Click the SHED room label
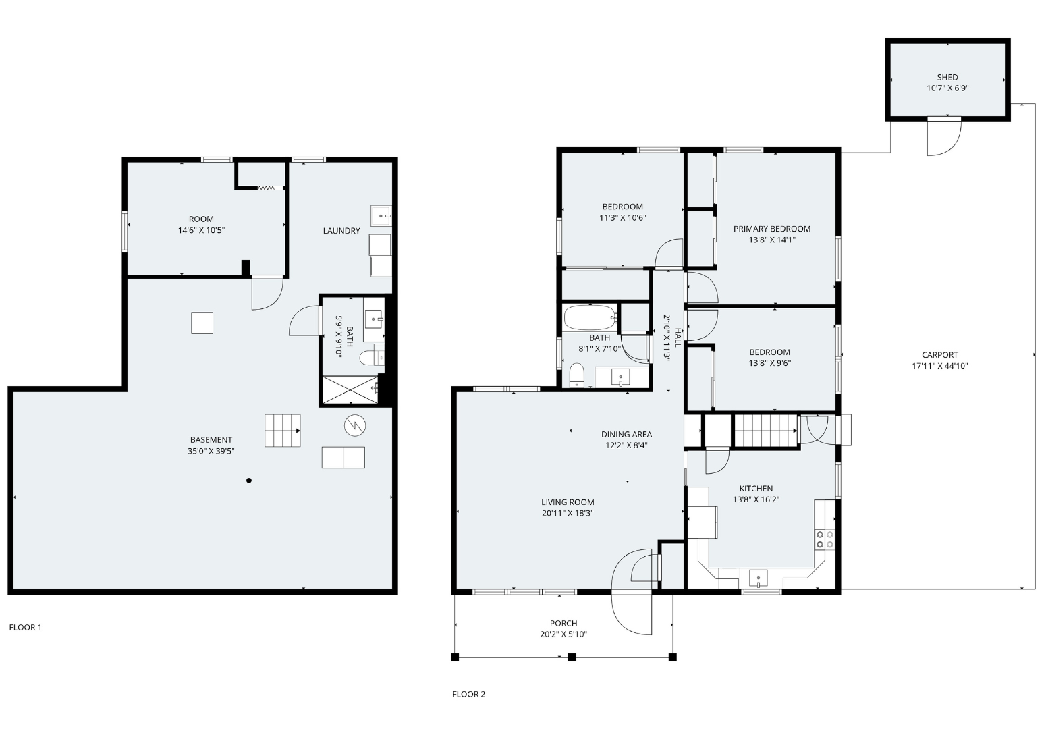(x=947, y=77)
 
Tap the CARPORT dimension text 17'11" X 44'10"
(x=940, y=366)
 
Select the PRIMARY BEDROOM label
(x=772, y=229)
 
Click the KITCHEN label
(x=756, y=489)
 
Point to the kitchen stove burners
(x=825, y=539)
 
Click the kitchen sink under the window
(x=759, y=578)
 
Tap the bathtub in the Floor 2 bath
(x=590, y=317)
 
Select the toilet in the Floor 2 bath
(x=577, y=375)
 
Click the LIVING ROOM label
(x=568, y=502)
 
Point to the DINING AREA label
(x=627, y=434)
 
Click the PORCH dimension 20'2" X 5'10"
(x=563, y=634)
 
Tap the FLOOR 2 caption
(x=469, y=695)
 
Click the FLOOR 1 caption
(x=25, y=628)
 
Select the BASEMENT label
(x=211, y=440)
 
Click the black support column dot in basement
(x=249, y=481)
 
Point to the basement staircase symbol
(x=283, y=431)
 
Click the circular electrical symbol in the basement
(x=355, y=425)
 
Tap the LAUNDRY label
(x=342, y=231)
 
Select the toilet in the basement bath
(x=372, y=358)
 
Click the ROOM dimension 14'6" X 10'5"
(x=201, y=230)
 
